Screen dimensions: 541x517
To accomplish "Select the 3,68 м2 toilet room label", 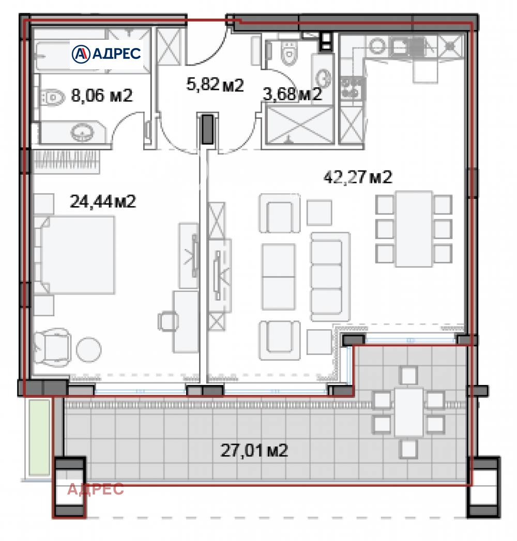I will coord(292,95).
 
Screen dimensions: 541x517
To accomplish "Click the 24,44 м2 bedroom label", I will coord(102,202).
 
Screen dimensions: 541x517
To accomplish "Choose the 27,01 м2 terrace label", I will coord(254,451).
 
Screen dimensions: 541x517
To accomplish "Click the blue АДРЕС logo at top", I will coord(106,53).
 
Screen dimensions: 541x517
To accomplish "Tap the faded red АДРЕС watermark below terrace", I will coord(96,489).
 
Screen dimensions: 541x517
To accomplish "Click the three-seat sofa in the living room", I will coord(326,276).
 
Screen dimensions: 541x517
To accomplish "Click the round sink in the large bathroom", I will coord(82,134).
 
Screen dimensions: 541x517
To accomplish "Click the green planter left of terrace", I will coord(39,437).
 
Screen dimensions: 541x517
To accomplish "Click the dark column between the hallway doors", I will coord(207,129).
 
